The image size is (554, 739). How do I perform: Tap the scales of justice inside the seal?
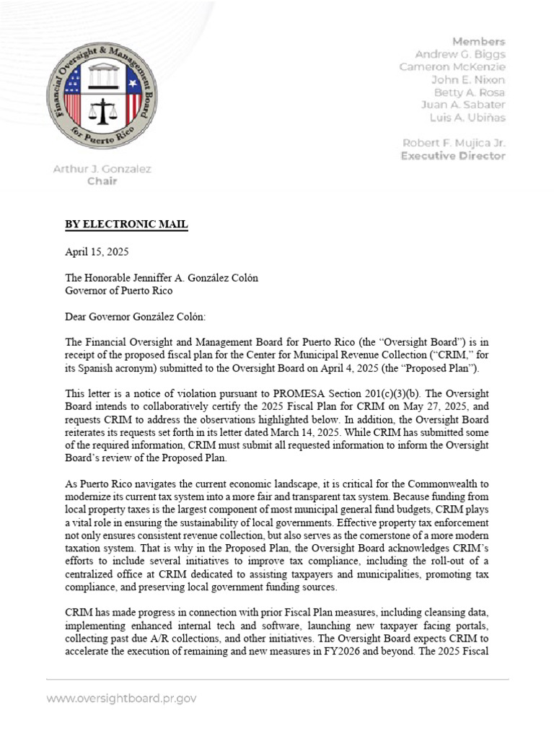(x=102, y=110)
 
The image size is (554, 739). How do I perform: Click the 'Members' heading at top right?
(x=479, y=41)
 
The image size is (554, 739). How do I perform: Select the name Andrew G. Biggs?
(x=460, y=54)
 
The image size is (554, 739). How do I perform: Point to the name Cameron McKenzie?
(x=452, y=67)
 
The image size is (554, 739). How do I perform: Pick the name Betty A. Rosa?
(x=469, y=92)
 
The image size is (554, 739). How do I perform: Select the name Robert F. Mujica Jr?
(x=454, y=143)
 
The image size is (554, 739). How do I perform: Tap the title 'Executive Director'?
(x=453, y=155)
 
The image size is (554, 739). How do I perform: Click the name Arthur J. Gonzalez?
(x=102, y=169)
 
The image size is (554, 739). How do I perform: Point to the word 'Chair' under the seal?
(x=102, y=181)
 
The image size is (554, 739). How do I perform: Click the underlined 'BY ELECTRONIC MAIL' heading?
(x=126, y=225)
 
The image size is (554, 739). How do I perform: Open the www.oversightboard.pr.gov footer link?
(x=121, y=699)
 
